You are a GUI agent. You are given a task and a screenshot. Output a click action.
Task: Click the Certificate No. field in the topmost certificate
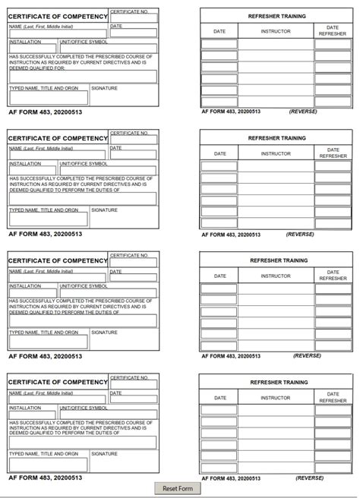point(134,19)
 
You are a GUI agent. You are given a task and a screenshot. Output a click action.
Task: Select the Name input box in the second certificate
point(58,156)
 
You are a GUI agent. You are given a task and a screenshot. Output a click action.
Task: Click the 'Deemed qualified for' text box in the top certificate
point(83,77)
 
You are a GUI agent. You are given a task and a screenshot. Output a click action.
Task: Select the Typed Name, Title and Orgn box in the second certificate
point(48,219)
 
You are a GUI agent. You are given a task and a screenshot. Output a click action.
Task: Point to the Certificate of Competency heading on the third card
point(58,260)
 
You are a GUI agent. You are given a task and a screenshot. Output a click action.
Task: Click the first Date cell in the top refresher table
point(219,44)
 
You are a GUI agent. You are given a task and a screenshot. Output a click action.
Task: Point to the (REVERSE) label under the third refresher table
point(307,355)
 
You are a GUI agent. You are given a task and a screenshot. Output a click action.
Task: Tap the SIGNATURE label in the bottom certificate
point(105,453)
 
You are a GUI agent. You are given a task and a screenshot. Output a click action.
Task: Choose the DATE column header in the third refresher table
point(219,276)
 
